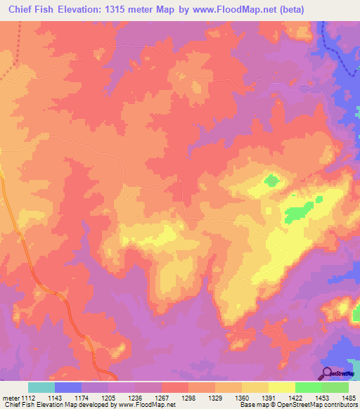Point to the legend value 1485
coord(348,398)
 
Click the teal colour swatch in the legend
coord(41,387)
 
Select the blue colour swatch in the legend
coord(67,387)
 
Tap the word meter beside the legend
coord(8,398)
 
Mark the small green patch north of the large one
coord(271,181)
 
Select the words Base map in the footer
coord(251,405)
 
